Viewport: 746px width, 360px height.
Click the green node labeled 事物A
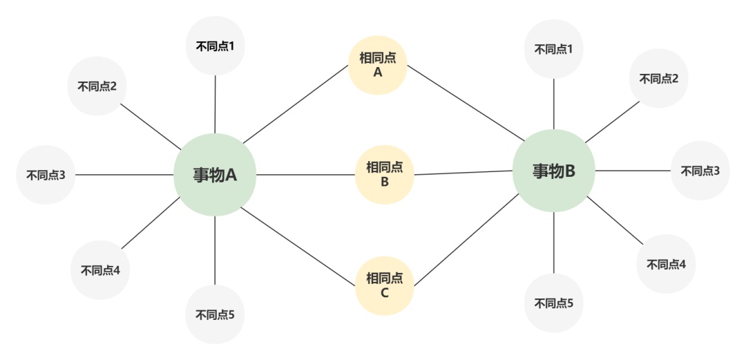tap(215, 175)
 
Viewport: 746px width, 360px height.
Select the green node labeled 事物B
tap(553, 171)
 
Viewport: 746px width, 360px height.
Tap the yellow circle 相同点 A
tap(378, 65)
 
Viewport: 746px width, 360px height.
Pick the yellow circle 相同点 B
tap(385, 174)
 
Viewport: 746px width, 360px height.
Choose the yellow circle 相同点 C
tap(385, 285)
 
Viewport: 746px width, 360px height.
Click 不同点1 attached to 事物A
tap(216, 46)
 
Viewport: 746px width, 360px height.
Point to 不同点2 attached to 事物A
tap(97, 86)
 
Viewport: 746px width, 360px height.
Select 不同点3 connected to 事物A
tap(46, 175)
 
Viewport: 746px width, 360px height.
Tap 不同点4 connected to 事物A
tap(100, 269)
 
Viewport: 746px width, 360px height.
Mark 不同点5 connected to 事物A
tap(215, 314)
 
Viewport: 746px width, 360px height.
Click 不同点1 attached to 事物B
tap(553, 49)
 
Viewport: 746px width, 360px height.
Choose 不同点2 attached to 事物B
tap(658, 78)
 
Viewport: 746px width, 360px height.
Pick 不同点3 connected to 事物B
tap(700, 171)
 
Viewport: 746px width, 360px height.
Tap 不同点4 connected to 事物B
tap(666, 264)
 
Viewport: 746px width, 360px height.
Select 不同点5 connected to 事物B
tap(553, 303)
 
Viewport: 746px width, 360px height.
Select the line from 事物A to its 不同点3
tap(124, 175)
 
